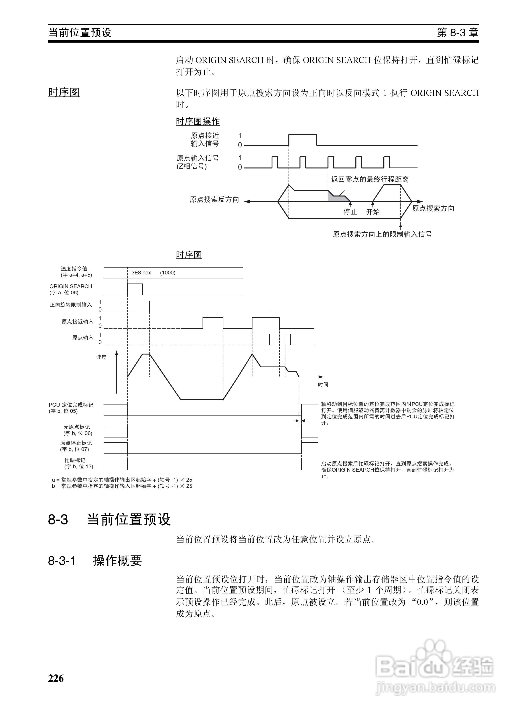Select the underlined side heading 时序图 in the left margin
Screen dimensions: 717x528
pos(64,92)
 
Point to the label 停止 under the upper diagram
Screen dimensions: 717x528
pos(350,212)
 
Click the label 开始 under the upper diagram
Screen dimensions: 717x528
pos(373,212)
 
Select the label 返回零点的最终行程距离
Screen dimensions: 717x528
pos(370,179)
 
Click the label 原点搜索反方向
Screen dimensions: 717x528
pos(214,200)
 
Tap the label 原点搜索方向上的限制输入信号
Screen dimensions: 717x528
pos(382,234)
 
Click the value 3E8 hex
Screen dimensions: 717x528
pos(141,273)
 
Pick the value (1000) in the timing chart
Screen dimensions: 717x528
pos(167,273)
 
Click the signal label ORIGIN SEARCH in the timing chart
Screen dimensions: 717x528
pos(71,286)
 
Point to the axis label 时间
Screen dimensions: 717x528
pos(323,384)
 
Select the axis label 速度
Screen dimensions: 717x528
pos(101,357)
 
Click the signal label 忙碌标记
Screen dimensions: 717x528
pos(75,460)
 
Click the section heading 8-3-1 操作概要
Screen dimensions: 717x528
pos(95,560)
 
